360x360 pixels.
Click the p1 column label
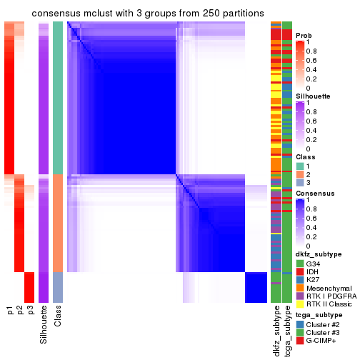(x=10, y=310)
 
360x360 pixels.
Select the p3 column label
(x=30, y=310)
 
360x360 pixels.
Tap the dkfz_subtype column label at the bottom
(x=276, y=326)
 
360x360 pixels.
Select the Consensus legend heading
(x=315, y=193)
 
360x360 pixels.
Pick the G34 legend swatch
(x=300, y=262)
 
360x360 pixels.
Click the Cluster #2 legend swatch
(x=300, y=325)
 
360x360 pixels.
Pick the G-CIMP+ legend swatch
(x=300, y=342)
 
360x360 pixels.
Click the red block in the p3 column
(x=29, y=287)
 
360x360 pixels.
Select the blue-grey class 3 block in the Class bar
(x=58, y=287)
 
